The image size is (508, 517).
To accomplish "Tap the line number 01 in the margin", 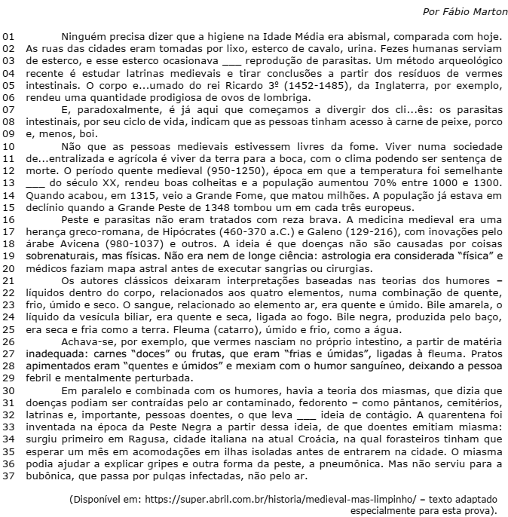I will coord(9,36).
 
